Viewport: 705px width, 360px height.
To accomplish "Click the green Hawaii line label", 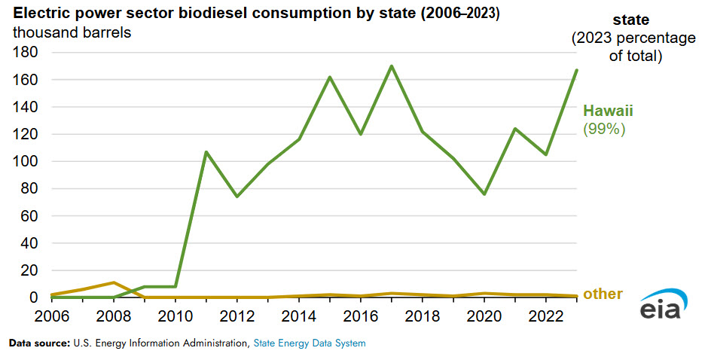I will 608,111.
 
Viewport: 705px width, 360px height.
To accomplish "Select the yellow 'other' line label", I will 603,294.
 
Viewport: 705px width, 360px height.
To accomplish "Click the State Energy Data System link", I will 309,343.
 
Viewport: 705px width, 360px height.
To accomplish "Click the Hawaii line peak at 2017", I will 391,66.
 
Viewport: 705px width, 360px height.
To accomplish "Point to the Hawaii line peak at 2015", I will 330,77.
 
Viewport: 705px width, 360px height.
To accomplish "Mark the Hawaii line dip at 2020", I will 484,194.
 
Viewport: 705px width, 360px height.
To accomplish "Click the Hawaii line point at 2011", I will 206,152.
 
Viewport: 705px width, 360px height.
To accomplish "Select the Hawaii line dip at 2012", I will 237,197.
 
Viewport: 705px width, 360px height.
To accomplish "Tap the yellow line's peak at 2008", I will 114,282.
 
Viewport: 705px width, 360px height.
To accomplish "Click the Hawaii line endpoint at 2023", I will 576,70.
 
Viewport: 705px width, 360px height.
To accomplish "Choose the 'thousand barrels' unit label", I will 72,34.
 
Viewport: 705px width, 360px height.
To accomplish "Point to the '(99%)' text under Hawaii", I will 605,129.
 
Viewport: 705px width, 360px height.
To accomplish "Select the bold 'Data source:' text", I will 39,343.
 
